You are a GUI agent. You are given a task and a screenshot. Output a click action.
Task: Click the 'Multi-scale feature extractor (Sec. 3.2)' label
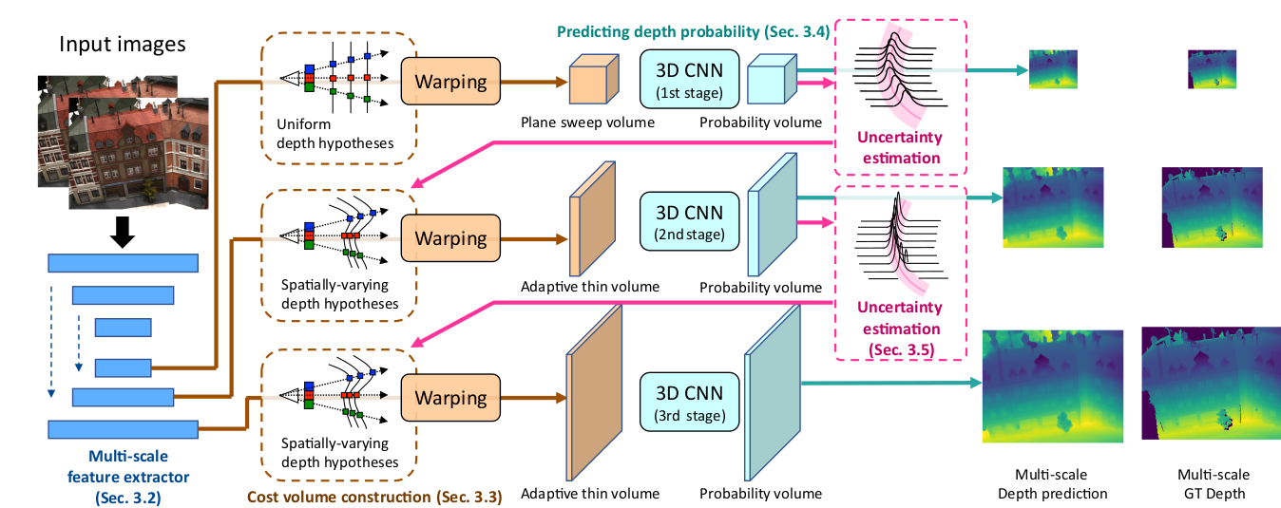point(123,475)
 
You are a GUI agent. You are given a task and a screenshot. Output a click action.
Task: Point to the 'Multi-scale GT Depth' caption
point(1214,483)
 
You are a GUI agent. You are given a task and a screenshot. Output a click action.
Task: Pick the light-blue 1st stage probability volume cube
point(769,80)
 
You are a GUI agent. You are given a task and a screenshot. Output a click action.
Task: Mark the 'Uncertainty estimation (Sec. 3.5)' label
point(899,329)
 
